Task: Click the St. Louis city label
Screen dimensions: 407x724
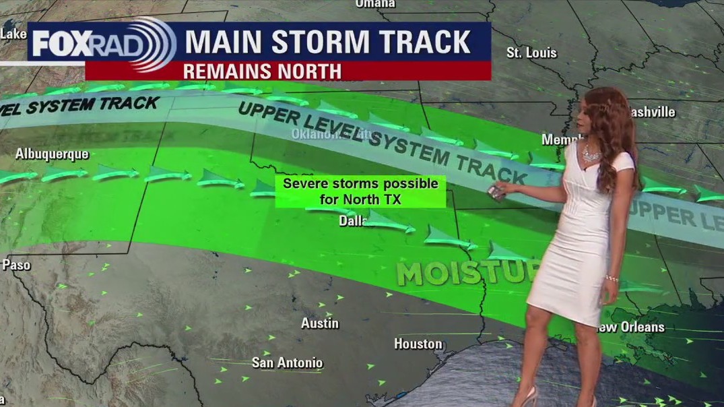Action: click(531, 53)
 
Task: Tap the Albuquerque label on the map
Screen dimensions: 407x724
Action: click(52, 154)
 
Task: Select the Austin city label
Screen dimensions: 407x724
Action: click(320, 323)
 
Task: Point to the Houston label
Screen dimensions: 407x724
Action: click(418, 344)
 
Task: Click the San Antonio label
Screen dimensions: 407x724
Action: click(288, 363)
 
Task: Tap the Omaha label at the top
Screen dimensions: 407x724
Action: click(376, 4)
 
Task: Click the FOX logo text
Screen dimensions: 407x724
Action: click(61, 44)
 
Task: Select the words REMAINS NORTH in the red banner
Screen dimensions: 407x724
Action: click(262, 71)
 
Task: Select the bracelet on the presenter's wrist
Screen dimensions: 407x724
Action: click(612, 278)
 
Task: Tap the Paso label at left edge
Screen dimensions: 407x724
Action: click(16, 265)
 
